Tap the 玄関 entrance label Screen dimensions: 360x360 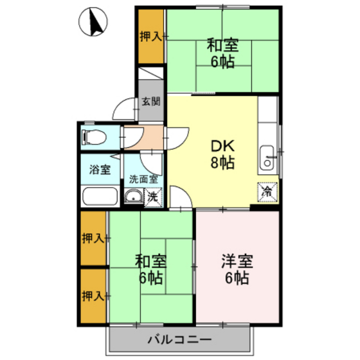151,101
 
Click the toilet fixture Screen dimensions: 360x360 93,137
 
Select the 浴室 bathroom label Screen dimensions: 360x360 99,170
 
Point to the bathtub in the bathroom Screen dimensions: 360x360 100,196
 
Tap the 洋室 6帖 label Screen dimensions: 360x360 237,270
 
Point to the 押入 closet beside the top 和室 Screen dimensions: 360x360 151,36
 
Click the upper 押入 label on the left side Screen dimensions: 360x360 93,239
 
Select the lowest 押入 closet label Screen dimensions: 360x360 93,296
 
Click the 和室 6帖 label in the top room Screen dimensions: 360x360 222,53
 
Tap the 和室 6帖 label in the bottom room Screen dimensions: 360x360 150,270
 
